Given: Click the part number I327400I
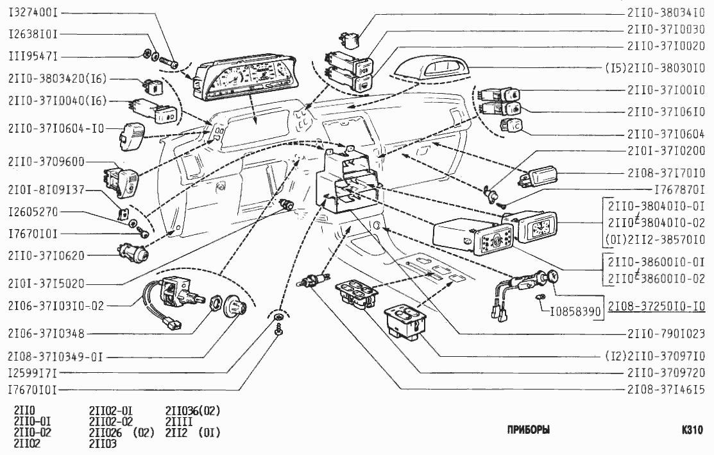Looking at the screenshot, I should click(33, 12).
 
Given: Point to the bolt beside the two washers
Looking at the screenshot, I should click(171, 62).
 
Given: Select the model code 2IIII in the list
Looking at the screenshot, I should click(179, 421).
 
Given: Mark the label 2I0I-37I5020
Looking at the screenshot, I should click(46, 283).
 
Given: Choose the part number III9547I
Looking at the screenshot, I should click(33, 56).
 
